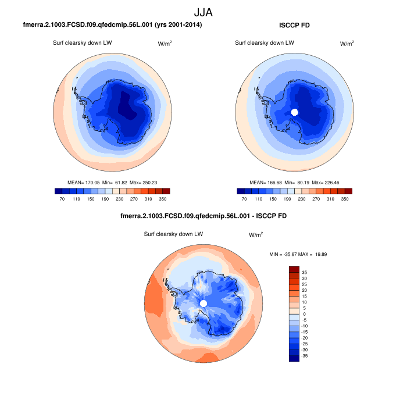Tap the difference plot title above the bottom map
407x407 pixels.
(203, 216)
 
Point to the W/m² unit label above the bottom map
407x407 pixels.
(256, 235)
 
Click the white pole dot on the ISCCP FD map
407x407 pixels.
(294, 112)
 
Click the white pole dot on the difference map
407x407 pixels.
(203, 304)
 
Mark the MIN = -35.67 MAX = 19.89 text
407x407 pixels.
(300, 255)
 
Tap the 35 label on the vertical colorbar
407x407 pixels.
(304, 272)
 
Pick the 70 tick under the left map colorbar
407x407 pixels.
(58, 199)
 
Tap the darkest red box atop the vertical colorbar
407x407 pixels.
(294, 269)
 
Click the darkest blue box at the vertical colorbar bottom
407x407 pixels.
(294, 358)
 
